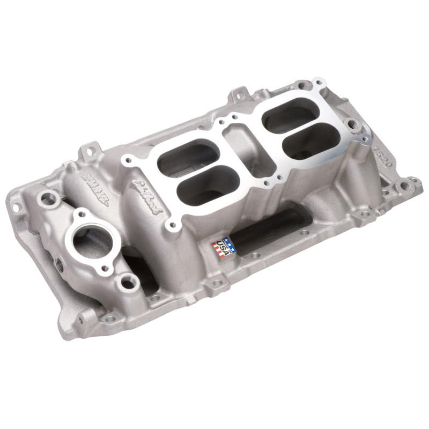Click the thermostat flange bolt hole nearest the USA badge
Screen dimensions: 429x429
[128, 279]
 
